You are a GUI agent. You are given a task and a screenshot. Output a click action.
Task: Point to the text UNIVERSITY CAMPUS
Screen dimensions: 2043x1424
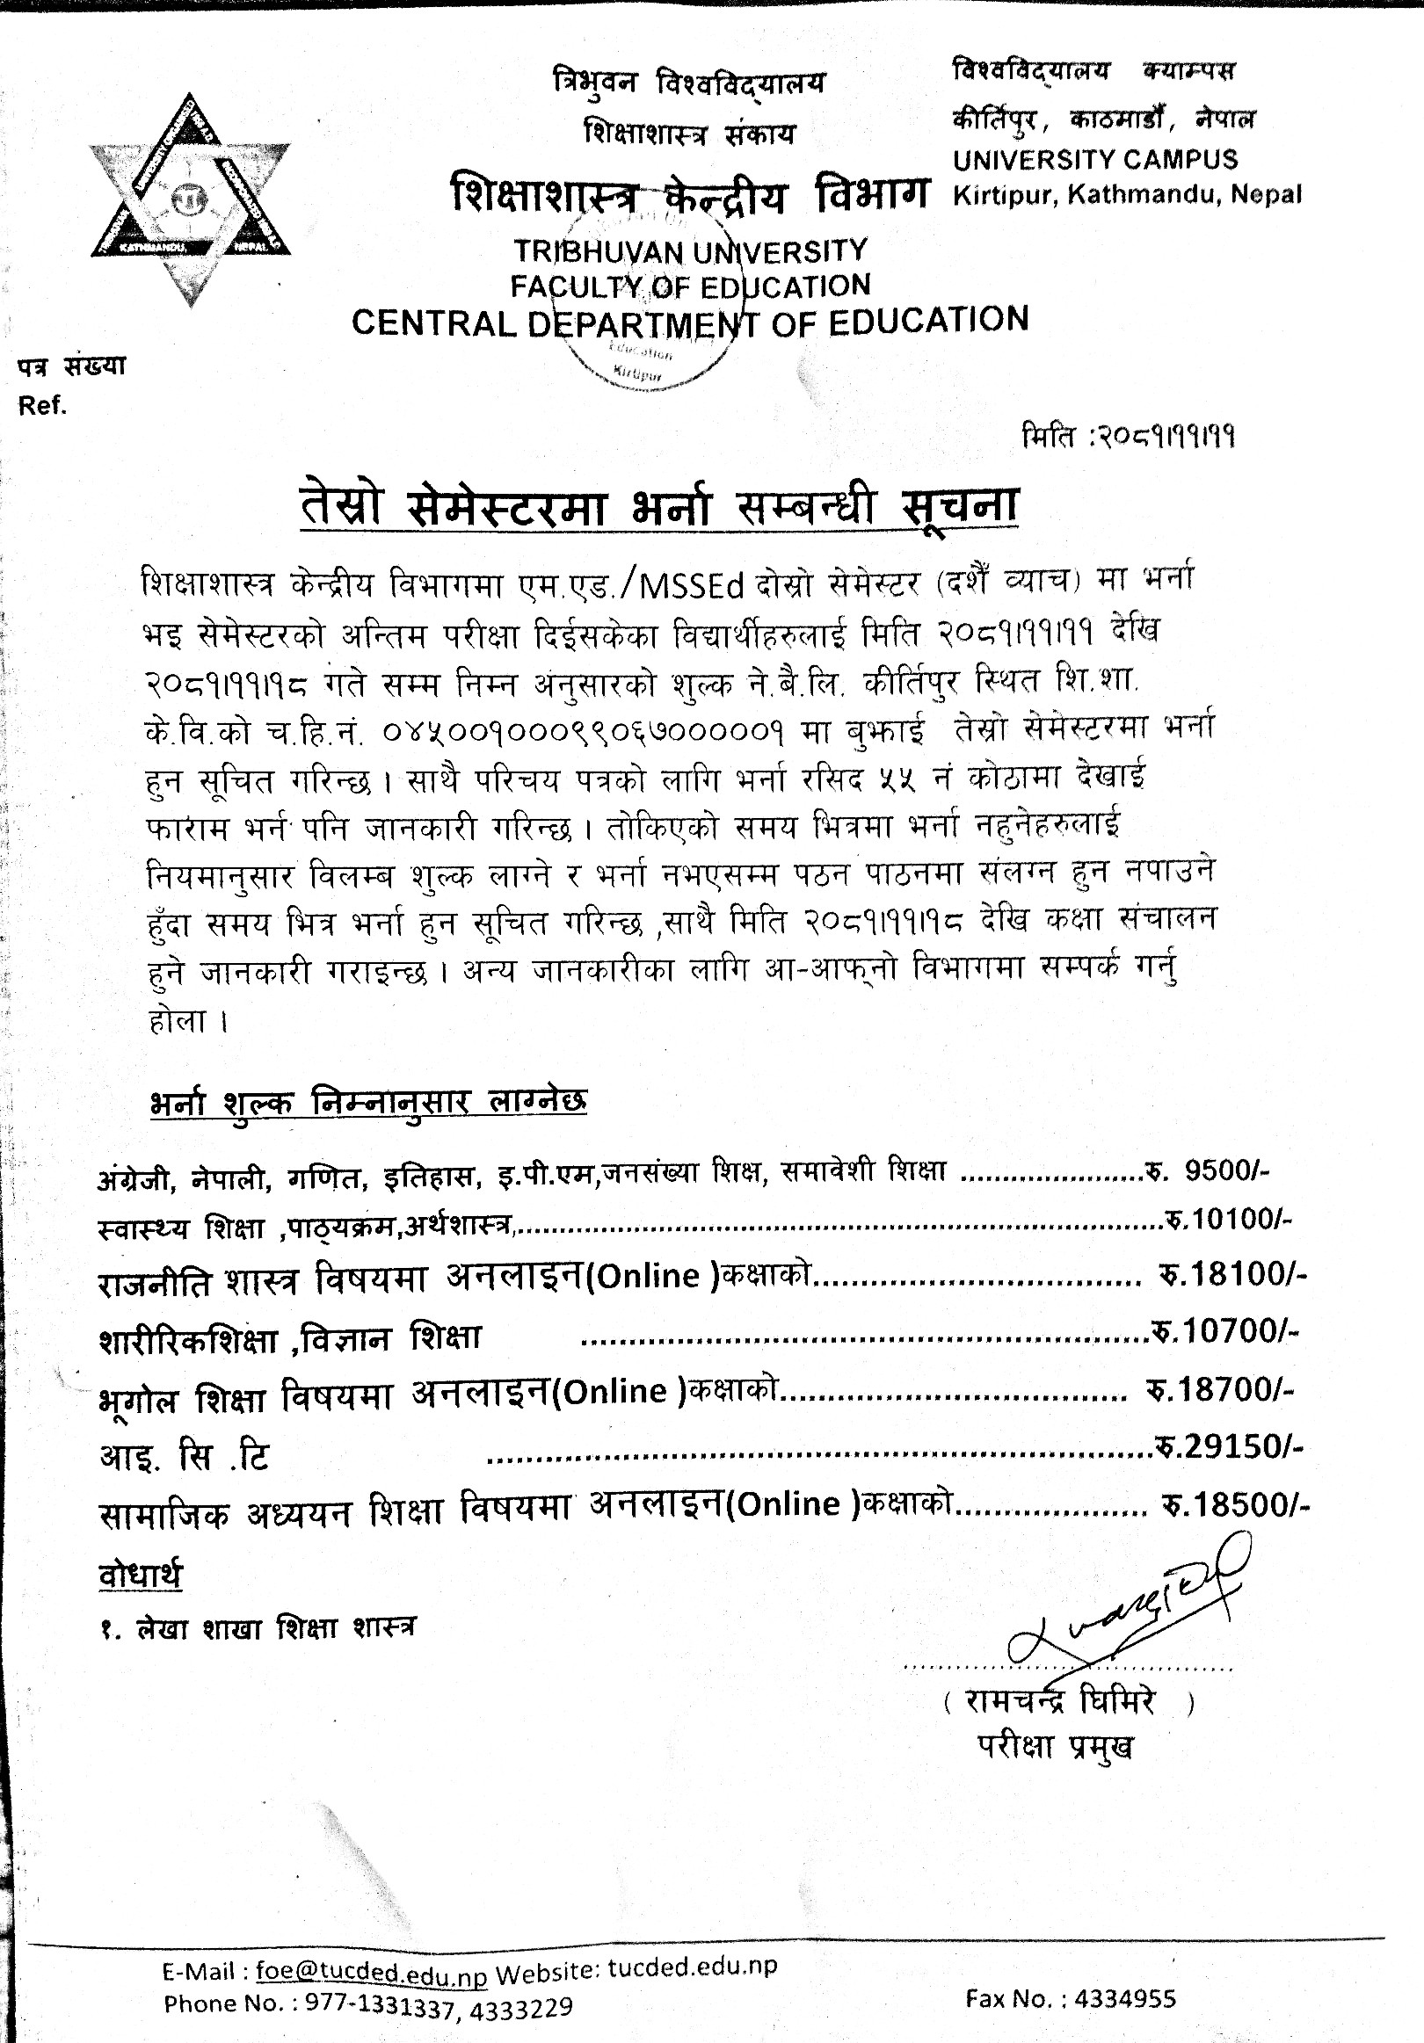point(1094,160)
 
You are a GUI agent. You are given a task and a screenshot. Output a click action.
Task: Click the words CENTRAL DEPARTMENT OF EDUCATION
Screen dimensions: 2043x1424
point(690,322)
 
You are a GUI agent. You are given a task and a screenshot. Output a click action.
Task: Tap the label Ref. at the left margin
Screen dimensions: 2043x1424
point(42,407)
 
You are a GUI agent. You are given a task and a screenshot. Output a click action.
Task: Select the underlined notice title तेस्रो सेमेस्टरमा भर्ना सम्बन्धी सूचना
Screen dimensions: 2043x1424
point(658,508)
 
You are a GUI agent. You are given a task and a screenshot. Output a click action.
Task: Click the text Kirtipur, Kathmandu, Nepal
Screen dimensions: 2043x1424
point(1127,194)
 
